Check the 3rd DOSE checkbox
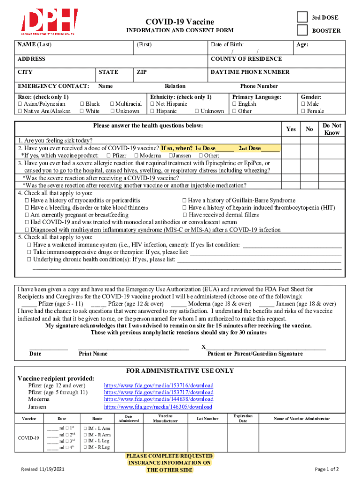coord(303,17)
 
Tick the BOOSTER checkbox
coord(303,30)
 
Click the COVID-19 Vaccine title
coord(180,22)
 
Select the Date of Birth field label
coord(227,45)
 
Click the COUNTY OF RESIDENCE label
coord(246,59)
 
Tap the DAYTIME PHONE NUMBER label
coord(250,72)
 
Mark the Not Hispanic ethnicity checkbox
coord(152,104)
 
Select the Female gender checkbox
coord(303,111)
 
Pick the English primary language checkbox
coord(235,104)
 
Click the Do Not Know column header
coord(331,129)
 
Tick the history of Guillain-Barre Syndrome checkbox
coord(184,201)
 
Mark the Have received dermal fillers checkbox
coord(184,215)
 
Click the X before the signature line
coord(203,347)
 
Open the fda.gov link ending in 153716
coord(158,385)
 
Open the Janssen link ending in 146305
coord(158,407)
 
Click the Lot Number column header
coord(207,419)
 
